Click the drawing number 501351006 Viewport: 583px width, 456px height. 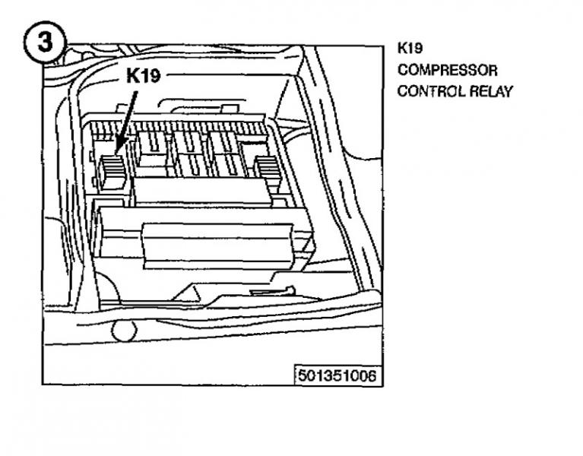click(336, 375)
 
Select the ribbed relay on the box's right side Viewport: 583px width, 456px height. click(268, 169)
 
